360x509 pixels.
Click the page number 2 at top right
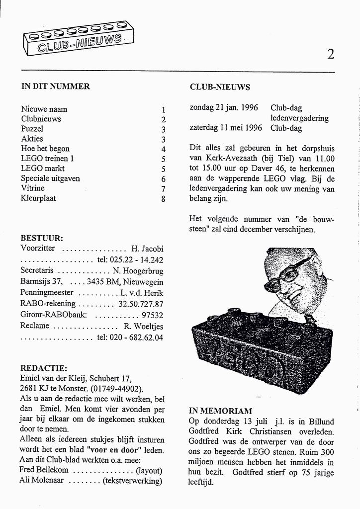[x=330, y=54]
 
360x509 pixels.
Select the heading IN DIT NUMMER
[x=55, y=86]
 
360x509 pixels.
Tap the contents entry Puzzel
[x=32, y=129]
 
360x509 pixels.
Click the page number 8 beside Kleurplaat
[x=163, y=199]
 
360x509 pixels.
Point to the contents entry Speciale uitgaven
[x=50, y=178]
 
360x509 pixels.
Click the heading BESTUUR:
[x=42, y=238]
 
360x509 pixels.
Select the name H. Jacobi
[x=147, y=249]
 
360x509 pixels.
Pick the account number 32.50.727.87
[x=141, y=304]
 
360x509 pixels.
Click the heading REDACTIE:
[x=43, y=368]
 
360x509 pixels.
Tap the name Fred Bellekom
[x=44, y=470]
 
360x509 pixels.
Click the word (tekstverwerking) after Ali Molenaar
[x=133, y=481]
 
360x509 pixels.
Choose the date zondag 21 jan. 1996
[x=224, y=108]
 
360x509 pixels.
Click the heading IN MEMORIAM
[x=220, y=411]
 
